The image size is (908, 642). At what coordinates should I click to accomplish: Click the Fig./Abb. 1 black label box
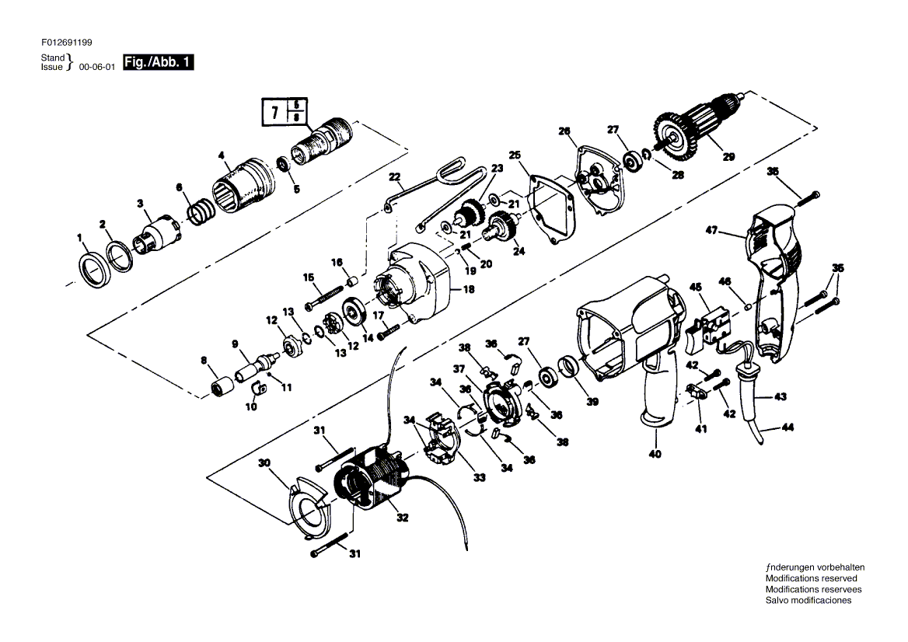coord(159,62)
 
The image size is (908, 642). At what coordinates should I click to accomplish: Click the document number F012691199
coord(67,43)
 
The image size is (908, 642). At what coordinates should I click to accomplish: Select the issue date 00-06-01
coord(96,67)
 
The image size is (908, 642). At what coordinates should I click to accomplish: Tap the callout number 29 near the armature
coord(728,156)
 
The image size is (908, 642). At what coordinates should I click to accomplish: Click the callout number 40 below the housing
coord(655,455)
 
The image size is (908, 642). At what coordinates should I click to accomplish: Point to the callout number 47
coord(711,230)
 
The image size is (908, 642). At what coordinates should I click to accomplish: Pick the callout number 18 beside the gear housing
coord(469,288)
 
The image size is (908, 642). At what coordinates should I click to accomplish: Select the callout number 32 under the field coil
coord(402,518)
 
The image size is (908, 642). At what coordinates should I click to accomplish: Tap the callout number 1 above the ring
coord(80,237)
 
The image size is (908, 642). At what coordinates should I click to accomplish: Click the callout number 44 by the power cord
coord(788,427)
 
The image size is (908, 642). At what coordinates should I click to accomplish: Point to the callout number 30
coord(264,463)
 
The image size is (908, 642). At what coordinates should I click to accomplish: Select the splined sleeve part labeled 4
coord(244,184)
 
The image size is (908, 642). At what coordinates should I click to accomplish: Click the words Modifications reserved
coord(811,578)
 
